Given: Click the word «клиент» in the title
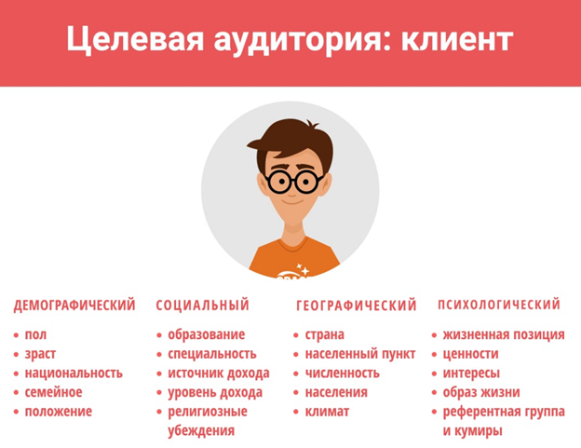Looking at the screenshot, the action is click(457, 39).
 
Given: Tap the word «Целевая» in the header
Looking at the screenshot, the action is click(135, 39).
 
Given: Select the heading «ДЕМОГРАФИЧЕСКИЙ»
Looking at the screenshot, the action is click(74, 305).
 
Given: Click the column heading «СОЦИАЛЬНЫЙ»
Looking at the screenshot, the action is click(202, 305).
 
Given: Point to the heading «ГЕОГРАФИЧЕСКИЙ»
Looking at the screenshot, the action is click(357, 305).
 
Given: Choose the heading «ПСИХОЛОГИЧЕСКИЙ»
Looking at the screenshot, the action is click(499, 305).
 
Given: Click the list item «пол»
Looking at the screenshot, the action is click(35, 334).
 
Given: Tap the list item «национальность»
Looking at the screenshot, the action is click(74, 373).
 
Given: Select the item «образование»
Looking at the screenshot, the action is click(207, 334).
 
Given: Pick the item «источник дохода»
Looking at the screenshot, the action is click(219, 373).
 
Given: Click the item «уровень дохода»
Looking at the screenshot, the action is click(215, 392).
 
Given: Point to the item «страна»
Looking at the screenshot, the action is click(325, 334).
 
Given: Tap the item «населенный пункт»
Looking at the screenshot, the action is click(360, 354).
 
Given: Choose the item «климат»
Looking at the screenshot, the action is click(327, 412).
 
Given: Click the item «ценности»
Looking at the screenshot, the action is click(470, 354).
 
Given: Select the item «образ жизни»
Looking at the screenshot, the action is click(481, 392).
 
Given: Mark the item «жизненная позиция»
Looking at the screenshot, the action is click(504, 334).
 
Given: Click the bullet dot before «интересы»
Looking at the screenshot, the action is click(434, 373).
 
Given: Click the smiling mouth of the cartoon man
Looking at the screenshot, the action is click(292, 202).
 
